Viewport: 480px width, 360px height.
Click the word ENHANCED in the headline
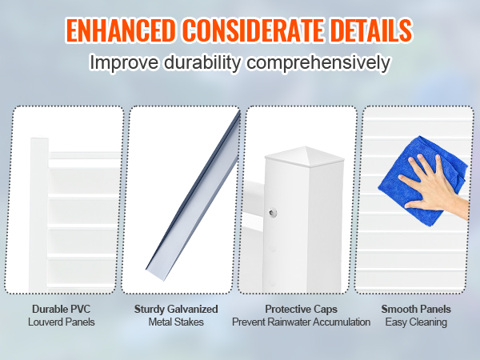point(121,30)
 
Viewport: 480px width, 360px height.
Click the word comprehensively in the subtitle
point(318,63)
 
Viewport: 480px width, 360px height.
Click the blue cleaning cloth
point(422,181)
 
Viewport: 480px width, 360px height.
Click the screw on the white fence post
point(273,212)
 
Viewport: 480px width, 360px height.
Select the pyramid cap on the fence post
point(304,158)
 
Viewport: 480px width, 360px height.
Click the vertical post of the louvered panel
point(39,214)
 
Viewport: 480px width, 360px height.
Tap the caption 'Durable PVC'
point(62,309)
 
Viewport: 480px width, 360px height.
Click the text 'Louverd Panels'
point(62,322)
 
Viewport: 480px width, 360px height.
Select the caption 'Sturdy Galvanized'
point(176,309)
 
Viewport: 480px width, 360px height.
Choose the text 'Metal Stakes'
point(176,322)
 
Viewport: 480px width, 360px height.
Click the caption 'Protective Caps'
point(302,309)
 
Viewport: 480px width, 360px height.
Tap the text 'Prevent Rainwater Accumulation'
point(302,322)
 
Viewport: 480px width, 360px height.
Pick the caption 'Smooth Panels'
point(416,309)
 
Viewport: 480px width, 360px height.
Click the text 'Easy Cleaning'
point(416,322)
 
